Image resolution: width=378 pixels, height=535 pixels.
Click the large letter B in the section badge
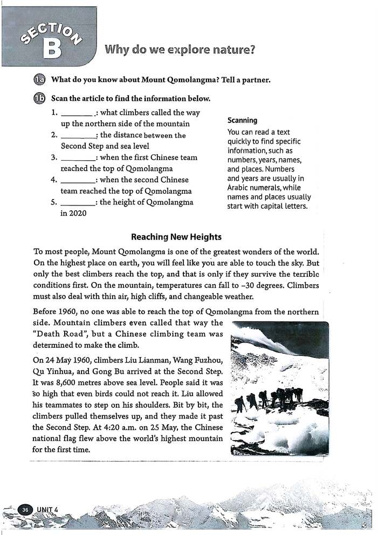click(52, 47)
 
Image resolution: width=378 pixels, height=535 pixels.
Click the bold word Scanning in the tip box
click(242, 120)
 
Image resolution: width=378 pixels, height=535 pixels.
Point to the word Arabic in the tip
click(239, 188)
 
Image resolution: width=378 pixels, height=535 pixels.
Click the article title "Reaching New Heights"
click(176, 237)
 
